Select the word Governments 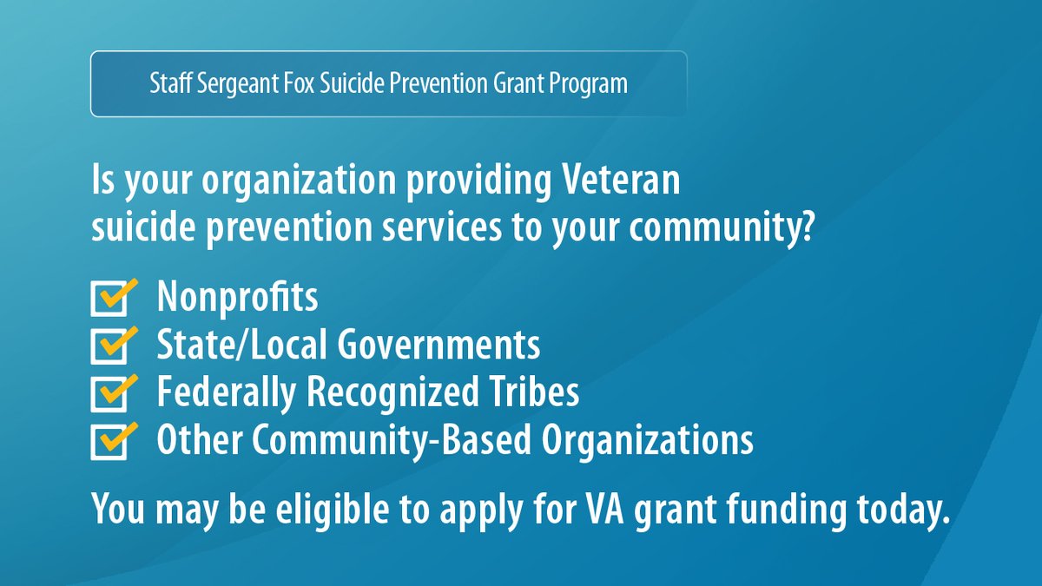pyautogui.click(x=439, y=346)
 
